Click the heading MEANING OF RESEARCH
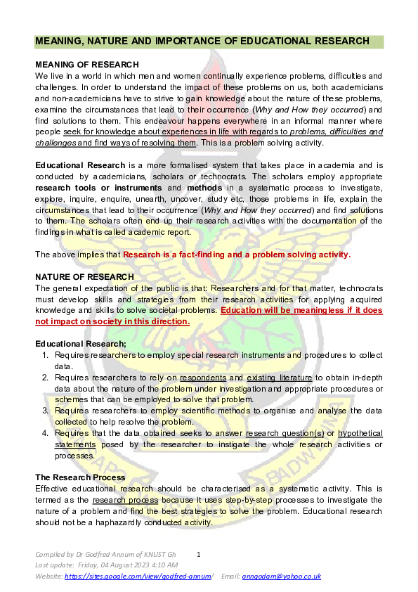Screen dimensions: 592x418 coord(82,65)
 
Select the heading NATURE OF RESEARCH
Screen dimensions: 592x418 coord(79,277)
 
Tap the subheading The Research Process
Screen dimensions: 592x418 coord(80,477)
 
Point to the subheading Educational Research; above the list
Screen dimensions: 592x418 coord(81,343)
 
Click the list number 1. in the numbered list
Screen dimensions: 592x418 coord(46,356)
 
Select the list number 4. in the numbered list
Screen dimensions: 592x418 coord(46,434)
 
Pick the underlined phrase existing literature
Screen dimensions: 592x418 coord(280,378)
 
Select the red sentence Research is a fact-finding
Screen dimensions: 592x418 coord(236,255)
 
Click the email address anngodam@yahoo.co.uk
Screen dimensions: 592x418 coord(281,576)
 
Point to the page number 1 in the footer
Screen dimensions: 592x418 coord(199,555)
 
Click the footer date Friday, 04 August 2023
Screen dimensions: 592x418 coord(127,565)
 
